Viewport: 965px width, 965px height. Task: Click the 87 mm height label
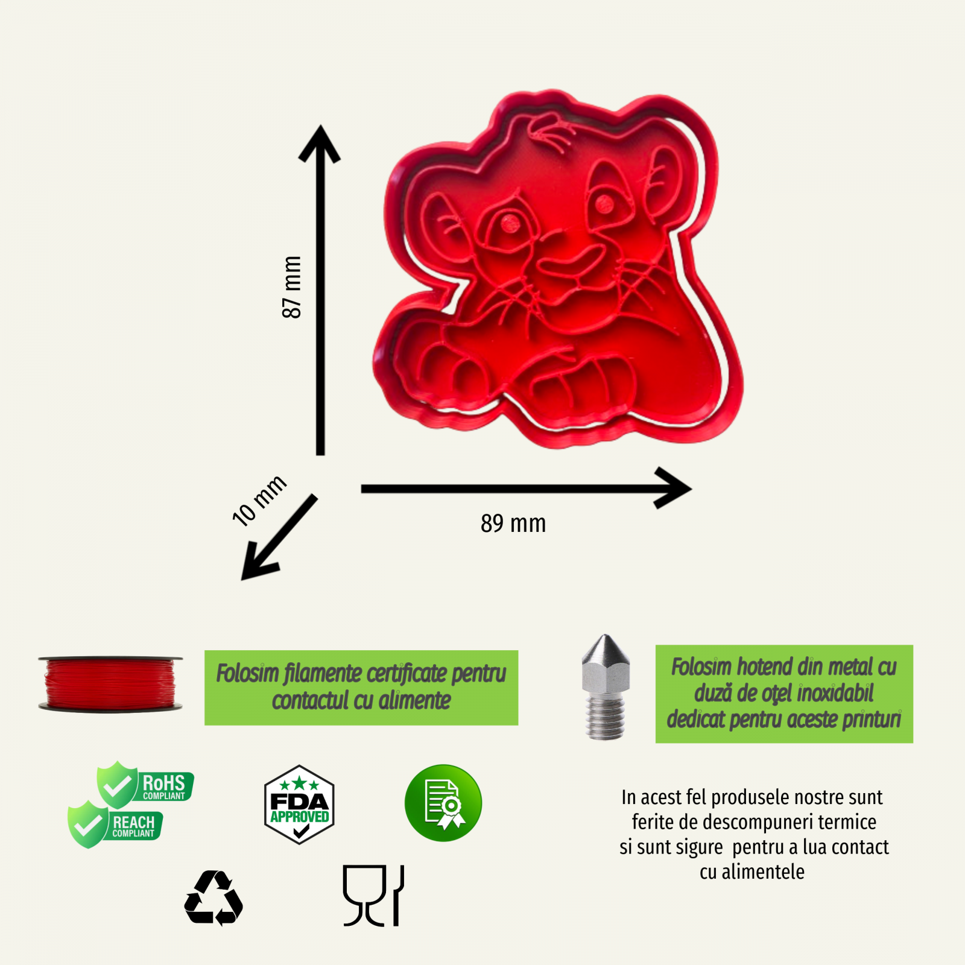click(x=292, y=287)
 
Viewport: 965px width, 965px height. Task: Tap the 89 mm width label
click(x=513, y=524)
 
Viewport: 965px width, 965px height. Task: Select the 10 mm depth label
click(x=259, y=501)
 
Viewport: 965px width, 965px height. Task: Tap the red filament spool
click(x=110, y=684)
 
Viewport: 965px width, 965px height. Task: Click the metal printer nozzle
click(x=606, y=687)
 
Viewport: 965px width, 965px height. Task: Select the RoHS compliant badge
click(x=145, y=784)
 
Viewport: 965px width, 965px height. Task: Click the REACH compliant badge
click(x=115, y=824)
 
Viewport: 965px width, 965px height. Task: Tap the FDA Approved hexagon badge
click(x=299, y=805)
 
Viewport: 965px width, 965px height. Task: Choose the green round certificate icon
click(x=443, y=803)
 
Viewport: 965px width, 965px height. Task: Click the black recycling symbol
click(x=214, y=898)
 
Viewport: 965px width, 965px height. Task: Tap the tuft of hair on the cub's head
click(x=550, y=130)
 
